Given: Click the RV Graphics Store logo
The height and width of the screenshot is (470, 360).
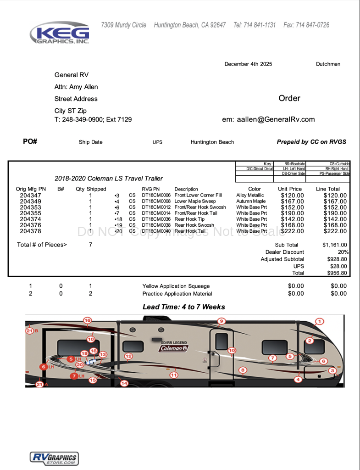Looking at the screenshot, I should coord(54,458).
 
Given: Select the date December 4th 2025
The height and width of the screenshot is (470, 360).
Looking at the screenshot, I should coord(248,64).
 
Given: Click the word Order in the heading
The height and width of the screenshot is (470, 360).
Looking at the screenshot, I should coord(289,98).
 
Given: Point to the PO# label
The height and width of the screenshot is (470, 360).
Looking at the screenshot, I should coord(30,141).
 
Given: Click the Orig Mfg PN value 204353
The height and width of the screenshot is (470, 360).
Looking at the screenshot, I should coord(31,207).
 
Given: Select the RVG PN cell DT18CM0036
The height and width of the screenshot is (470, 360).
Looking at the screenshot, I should coord(156,219).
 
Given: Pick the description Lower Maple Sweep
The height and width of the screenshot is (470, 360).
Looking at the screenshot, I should coord(195,201).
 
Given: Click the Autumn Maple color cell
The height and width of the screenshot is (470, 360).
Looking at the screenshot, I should coord(251,201).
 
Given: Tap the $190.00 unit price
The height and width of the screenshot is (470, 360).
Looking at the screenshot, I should coord(292,213).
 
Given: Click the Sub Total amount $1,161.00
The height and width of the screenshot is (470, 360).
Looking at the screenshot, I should coord(335,245).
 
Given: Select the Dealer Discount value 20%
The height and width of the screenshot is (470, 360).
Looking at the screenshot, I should coord(343,252).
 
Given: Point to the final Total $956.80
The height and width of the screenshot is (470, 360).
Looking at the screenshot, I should coord(337,273).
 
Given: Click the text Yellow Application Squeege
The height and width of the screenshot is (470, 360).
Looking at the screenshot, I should coord(176,286).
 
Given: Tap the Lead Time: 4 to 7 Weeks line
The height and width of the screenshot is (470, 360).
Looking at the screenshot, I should coord(184,307).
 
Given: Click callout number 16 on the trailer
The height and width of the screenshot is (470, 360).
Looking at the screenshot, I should coord(87,320).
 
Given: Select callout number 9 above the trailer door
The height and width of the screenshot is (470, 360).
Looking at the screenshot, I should coord(222,321).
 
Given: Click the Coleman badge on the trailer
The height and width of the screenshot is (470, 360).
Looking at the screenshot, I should coord(173,348).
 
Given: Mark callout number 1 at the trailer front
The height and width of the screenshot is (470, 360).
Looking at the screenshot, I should coord(320,322).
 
